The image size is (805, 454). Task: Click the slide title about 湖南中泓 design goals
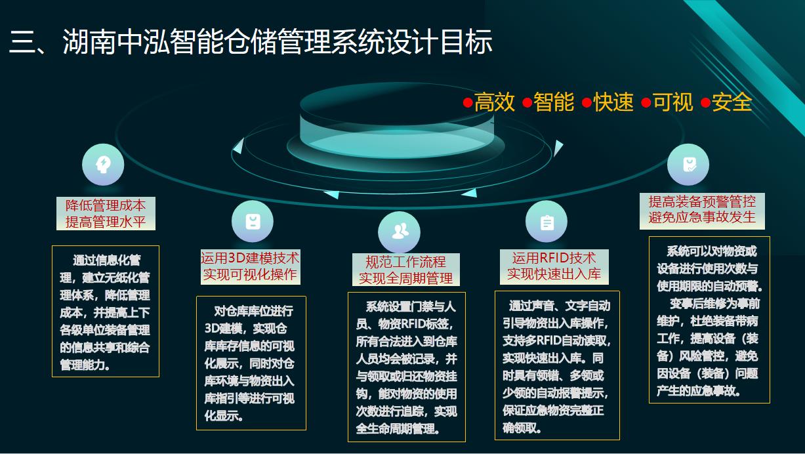(x=251, y=42)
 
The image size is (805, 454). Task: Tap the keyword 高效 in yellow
(x=495, y=102)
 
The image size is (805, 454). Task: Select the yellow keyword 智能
(x=554, y=102)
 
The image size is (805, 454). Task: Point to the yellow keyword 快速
(x=613, y=102)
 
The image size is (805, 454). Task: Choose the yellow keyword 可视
(x=672, y=102)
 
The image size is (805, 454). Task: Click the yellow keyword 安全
(x=732, y=102)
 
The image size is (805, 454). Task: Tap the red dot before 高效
(x=468, y=103)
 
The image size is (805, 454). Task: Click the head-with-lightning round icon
(x=103, y=164)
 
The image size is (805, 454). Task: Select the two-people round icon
(x=400, y=232)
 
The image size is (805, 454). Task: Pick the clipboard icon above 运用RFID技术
(x=547, y=222)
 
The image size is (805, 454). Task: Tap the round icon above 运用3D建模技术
(x=253, y=221)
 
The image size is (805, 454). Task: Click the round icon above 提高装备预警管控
(x=688, y=164)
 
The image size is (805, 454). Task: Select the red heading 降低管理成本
(x=106, y=205)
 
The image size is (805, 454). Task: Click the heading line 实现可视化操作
(x=250, y=275)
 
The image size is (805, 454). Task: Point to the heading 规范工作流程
(x=405, y=262)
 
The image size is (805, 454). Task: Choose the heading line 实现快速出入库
(x=554, y=274)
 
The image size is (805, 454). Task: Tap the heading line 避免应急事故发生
(x=702, y=217)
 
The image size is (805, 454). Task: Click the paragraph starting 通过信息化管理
(x=105, y=312)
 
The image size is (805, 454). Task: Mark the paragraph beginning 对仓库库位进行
(x=250, y=363)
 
